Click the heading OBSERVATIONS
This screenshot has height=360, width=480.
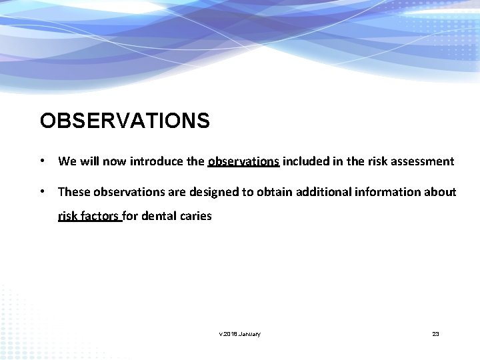(x=125, y=121)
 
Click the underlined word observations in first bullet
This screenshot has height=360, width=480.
(x=243, y=161)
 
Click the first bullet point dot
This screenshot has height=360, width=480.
(x=42, y=161)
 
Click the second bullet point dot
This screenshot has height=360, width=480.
(x=42, y=192)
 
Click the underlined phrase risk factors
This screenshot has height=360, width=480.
(x=89, y=216)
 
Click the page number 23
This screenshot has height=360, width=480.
(x=435, y=333)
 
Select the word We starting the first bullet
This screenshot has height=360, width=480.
(x=67, y=161)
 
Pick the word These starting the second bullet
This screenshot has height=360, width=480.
(x=74, y=192)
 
